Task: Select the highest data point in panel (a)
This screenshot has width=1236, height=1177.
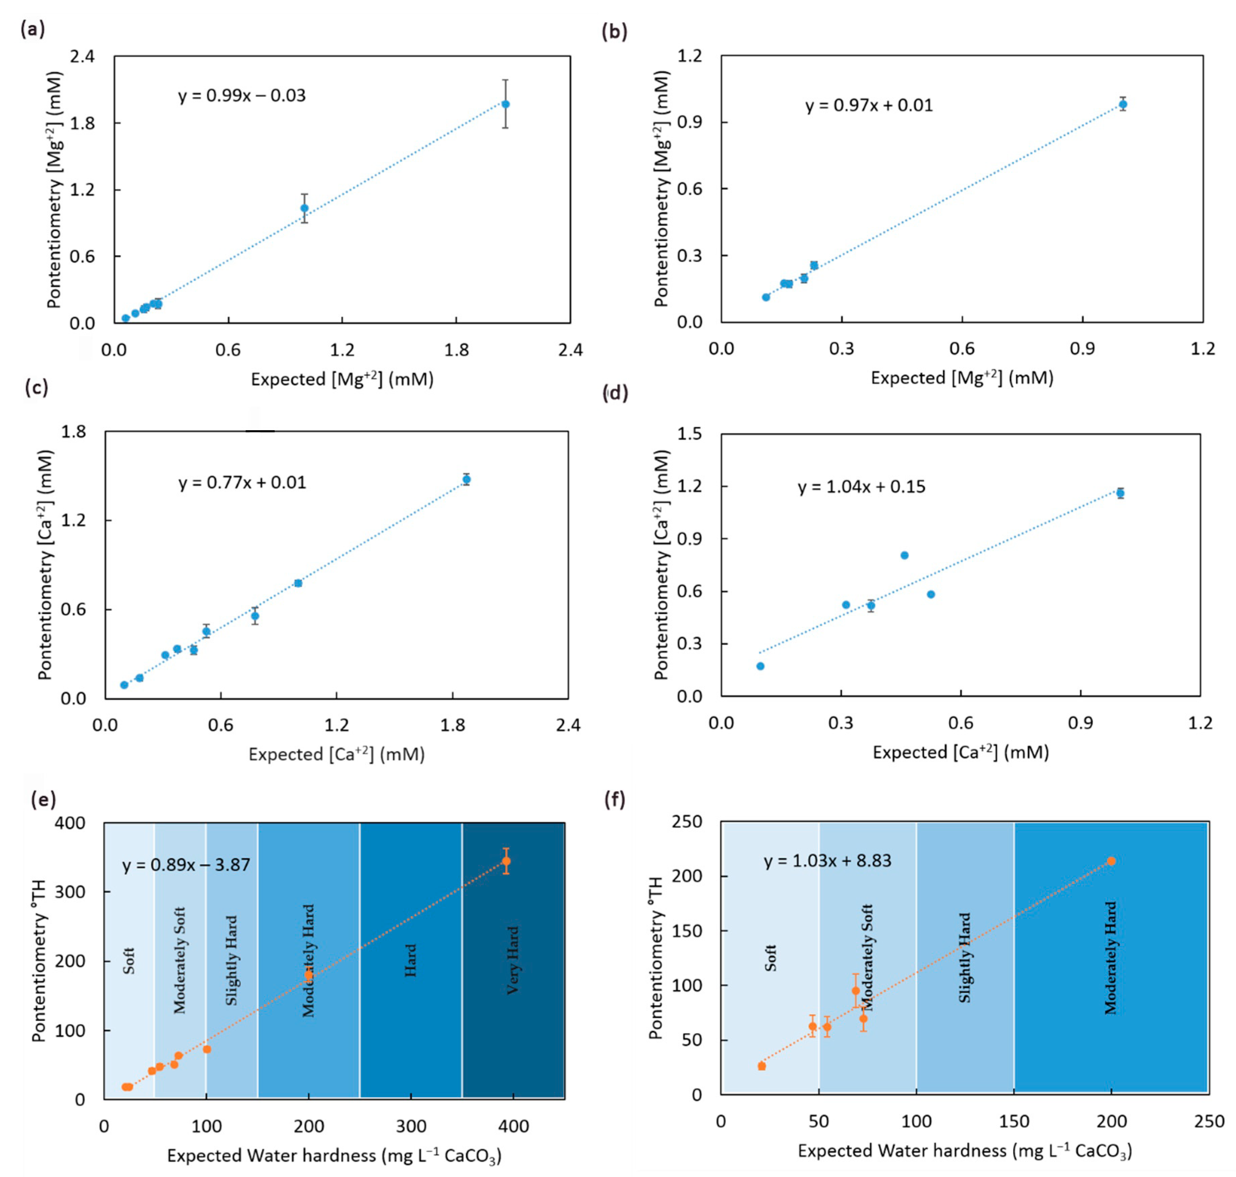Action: (x=505, y=104)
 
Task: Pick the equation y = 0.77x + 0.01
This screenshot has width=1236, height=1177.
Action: (x=242, y=482)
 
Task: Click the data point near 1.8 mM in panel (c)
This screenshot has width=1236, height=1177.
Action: (x=466, y=479)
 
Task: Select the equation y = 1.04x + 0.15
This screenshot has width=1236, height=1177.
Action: (x=861, y=487)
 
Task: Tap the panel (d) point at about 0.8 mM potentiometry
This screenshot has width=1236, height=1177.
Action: (x=904, y=555)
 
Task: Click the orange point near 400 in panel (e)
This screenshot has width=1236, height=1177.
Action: (x=506, y=861)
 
